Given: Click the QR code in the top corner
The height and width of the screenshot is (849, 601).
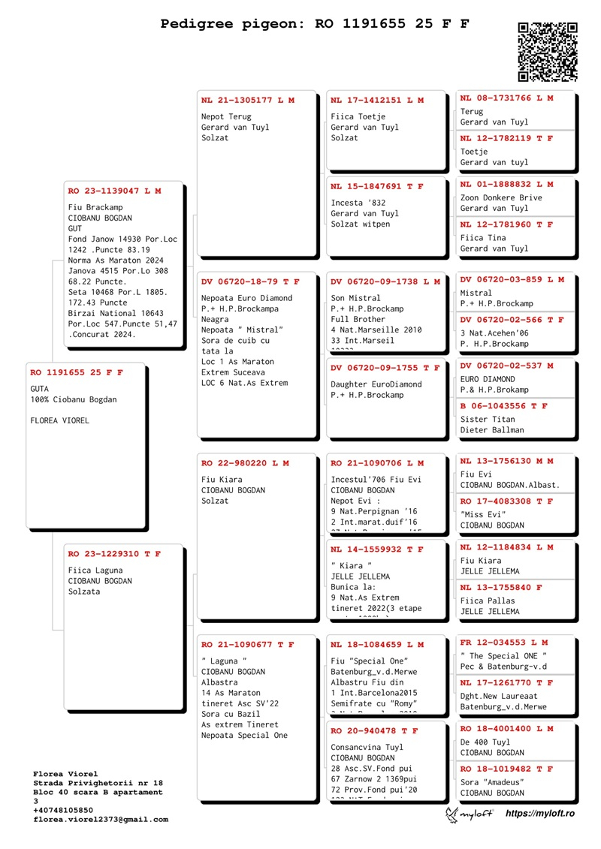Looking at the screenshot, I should point(548,51).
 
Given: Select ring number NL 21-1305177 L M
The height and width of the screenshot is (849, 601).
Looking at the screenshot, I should point(248,100).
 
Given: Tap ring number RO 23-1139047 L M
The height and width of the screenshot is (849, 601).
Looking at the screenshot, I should point(114,191).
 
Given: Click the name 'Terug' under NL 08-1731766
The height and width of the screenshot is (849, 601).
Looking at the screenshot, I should point(472,112).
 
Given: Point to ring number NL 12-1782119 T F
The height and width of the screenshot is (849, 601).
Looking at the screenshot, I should point(506,138).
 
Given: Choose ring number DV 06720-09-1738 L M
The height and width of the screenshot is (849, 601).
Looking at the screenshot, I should point(385,281).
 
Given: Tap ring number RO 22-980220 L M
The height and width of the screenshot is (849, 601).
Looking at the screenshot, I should point(245,463).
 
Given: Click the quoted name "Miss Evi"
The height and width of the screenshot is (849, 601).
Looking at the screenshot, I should point(483,514).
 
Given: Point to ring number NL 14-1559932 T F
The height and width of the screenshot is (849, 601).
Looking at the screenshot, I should point(377,549).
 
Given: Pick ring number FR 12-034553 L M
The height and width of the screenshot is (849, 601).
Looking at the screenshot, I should point(503,643).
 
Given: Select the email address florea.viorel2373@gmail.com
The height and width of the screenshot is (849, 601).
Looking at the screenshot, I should point(101,820).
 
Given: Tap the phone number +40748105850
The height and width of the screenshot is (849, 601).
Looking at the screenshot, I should point(63,811).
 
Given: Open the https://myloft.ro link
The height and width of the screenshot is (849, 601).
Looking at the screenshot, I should point(539,814).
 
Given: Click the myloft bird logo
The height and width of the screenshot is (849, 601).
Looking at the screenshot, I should point(453,814).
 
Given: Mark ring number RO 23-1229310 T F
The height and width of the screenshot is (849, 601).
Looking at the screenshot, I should point(114,554).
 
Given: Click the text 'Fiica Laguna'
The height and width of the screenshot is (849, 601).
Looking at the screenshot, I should point(95,571).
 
